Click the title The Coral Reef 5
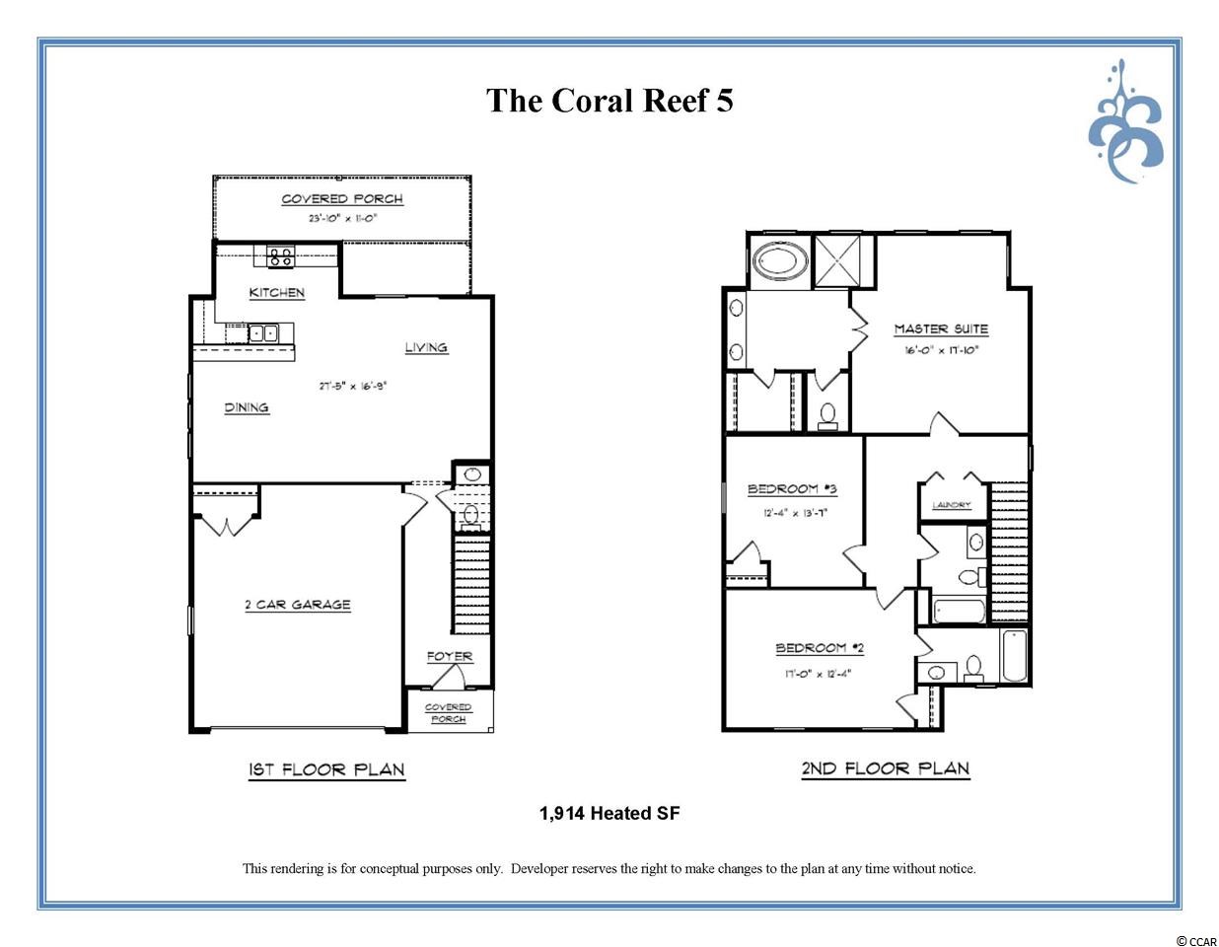609,101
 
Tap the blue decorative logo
1125,124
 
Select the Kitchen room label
277,292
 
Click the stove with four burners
280,256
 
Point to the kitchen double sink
263,333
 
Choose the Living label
426,347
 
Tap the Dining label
247,407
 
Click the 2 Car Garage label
298,605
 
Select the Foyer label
450,656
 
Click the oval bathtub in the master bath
780,262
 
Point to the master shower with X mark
837,260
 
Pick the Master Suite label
941,328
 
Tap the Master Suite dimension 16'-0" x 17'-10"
941,350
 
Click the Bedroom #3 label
792,488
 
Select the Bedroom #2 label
820,648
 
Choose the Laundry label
952,505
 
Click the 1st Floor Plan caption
326,769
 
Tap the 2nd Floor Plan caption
886,768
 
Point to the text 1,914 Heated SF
609,813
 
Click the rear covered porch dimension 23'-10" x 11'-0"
343,218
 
